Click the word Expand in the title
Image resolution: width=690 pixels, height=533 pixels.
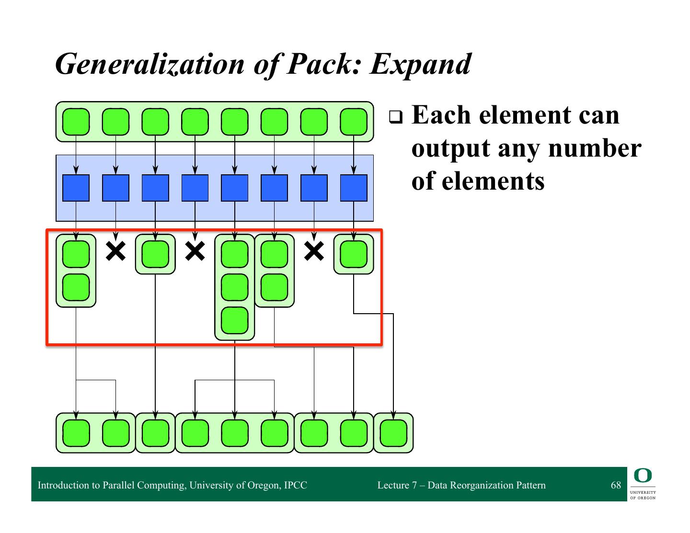tap(421, 64)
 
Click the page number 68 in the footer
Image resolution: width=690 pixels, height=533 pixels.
tap(616, 485)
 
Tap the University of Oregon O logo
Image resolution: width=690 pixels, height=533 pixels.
tap(642, 476)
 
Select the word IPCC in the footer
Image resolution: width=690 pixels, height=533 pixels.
tap(295, 485)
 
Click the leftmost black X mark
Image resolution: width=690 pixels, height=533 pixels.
tap(115, 251)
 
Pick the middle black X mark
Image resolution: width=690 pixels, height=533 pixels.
tap(195, 251)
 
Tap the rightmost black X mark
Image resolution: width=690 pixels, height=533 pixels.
tap(314, 251)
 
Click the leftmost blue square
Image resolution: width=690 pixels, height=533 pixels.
tap(76, 188)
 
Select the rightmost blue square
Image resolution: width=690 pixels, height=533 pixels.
tap(354, 188)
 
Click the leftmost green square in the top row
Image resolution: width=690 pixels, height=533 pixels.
tap(76, 122)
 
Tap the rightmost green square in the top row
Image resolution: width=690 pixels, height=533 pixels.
tap(354, 122)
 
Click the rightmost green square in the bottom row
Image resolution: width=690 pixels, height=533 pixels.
tap(393, 433)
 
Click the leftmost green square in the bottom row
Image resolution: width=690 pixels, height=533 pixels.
tap(76, 433)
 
